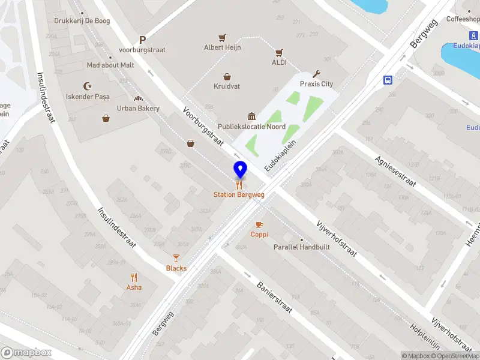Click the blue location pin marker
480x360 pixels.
[x=240, y=169]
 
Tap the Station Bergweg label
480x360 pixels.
[x=239, y=194]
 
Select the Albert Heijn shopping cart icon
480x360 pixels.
[x=222, y=37]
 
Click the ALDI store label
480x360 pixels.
[x=279, y=62]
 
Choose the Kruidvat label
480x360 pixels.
[x=227, y=86]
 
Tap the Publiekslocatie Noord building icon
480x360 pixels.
[x=251, y=116]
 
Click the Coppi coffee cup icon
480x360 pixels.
[x=259, y=224]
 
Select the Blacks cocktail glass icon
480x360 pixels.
[x=176, y=258]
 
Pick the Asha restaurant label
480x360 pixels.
[x=134, y=287]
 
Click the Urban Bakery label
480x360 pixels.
[x=138, y=108]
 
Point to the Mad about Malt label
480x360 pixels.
[x=110, y=65]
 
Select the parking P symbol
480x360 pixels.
[x=142, y=40]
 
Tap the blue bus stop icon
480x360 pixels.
[x=388, y=79]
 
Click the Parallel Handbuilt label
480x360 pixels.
[x=296, y=247]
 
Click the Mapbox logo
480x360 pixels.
[x=26, y=353]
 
